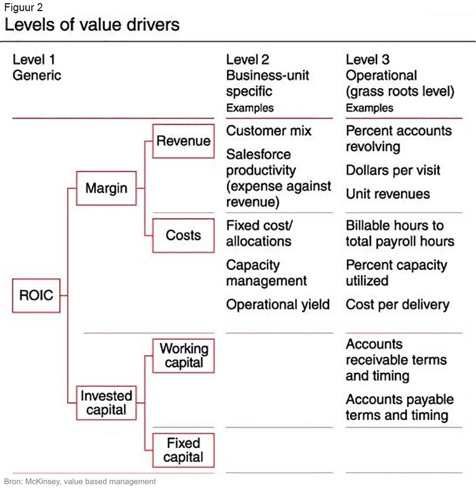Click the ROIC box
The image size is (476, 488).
(x=36, y=295)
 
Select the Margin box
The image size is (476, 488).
(x=106, y=188)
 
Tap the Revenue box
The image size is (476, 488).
(x=183, y=141)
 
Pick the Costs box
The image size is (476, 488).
(x=183, y=235)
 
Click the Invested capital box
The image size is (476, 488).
(x=106, y=402)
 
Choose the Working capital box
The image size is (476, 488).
(x=183, y=356)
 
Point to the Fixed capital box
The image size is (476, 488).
(x=183, y=449)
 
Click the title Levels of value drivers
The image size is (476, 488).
(x=92, y=24)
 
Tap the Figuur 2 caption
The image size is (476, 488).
(x=23, y=7)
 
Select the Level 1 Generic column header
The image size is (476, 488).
(x=36, y=67)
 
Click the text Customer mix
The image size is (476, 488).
(x=269, y=131)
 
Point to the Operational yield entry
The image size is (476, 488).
(x=278, y=305)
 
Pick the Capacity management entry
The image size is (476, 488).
(x=266, y=273)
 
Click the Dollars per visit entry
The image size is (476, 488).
(x=392, y=170)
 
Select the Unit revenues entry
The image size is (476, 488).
(x=388, y=194)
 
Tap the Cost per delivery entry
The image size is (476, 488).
(x=397, y=305)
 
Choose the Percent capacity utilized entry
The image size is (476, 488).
(x=396, y=273)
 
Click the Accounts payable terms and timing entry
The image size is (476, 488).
(x=399, y=407)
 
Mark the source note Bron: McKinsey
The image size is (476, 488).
(x=80, y=482)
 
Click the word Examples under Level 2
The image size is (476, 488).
(x=250, y=108)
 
